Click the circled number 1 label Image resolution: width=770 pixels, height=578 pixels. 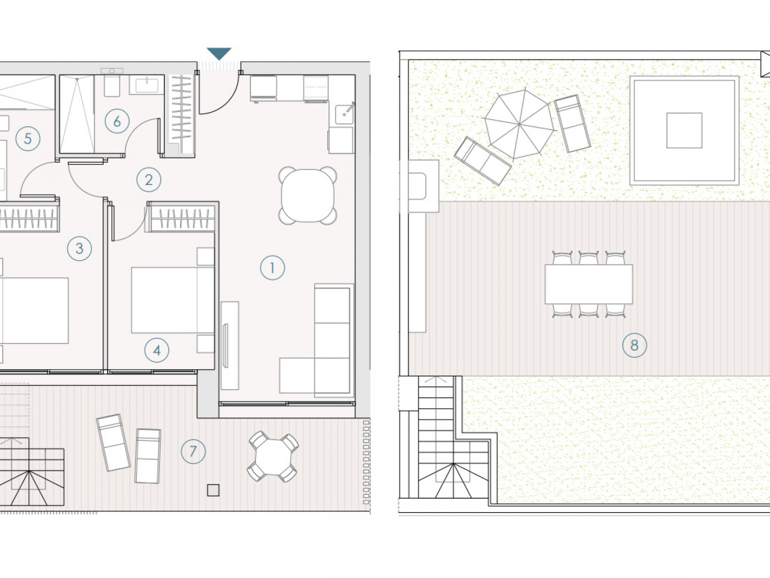(x=273, y=268)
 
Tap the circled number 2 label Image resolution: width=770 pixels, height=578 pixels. (x=149, y=179)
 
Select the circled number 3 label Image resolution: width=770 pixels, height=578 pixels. (x=79, y=249)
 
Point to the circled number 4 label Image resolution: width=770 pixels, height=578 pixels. (x=157, y=350)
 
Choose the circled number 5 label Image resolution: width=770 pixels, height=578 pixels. (x=28, y=138)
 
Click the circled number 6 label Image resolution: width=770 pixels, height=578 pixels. (x=117, y=122)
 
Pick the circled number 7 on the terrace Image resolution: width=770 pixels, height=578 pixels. (x=193, y=452)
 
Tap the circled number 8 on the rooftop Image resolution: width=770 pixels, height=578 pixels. (x=635, y=346)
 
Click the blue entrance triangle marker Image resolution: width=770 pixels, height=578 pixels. (x=219, y=54)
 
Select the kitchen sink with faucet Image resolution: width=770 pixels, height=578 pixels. (x=345, y=113)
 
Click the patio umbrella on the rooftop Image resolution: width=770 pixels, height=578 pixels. (x=519, y=124)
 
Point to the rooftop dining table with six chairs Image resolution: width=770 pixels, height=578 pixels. (x=589, y=284)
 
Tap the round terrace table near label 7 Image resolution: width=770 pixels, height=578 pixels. (x=273, y=456)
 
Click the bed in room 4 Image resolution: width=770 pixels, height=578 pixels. (x=173, y=300)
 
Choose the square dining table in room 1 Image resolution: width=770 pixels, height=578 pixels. (x=307, y=196)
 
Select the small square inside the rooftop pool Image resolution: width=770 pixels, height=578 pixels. (x=684, y=130)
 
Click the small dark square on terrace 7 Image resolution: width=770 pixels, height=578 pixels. (x=214, y=490)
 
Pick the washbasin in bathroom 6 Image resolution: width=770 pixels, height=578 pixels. (x=147, y=84)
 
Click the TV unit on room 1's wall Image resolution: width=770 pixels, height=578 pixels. (x=230, y=346)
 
